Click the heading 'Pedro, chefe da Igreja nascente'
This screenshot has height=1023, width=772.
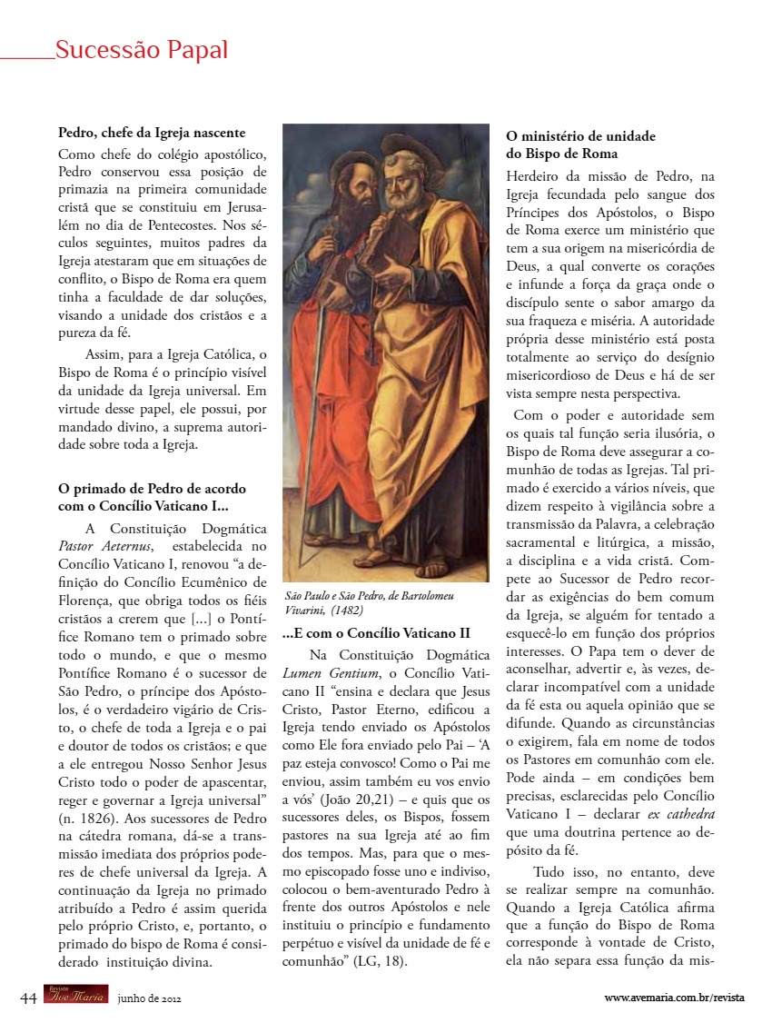[152, 133]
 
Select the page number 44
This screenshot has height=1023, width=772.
[28, 997]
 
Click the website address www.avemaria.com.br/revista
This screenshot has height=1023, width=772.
[674, 998]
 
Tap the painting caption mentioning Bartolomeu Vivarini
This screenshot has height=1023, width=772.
[370, 602]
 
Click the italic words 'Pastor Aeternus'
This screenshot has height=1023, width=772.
[105, 546]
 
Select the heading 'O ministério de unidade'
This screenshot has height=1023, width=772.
[580, 136]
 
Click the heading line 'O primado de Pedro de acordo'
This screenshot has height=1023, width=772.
[152, 489]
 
